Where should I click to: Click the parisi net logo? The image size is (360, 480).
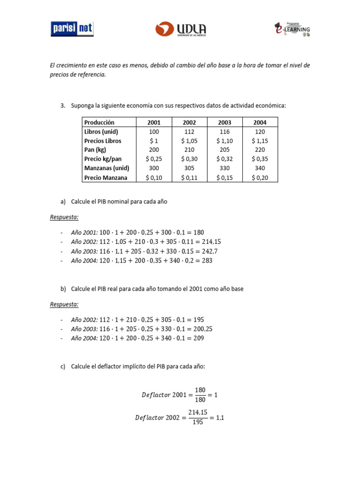pyautogui.click(x=72, y=29)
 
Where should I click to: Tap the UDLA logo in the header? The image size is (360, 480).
pyautogui.click(x=180, y=29)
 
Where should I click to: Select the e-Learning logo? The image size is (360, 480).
pyautogui.click(x=292, y=29)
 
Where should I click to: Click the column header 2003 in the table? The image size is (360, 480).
pyautogui.click(x=225, y=122)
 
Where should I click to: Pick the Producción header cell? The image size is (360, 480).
pyautogui.click(x=99, y=122)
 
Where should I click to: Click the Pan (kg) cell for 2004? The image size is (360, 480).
pyautogui.click(x=260, y=150)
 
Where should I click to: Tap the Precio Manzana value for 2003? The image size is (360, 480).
pyautogui.click(x=225, y=178)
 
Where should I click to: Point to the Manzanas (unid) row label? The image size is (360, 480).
pyautogui.click(x=106, y=168)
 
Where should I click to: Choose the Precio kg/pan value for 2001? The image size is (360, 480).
pyautogui.click(x=154, y=159)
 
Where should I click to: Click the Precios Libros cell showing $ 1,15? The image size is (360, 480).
pyautogui.click(x=260, y=141)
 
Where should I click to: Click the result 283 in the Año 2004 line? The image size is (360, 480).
pyautogui.click(x=207, y=261)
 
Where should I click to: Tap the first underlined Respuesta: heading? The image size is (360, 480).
pyautogui.click(x=64, y=217)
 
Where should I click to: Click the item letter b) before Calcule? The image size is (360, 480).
pyautogui.click(x=63, y=289)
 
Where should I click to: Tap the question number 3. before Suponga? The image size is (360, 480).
pyautogui.click(x=63, y=106)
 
